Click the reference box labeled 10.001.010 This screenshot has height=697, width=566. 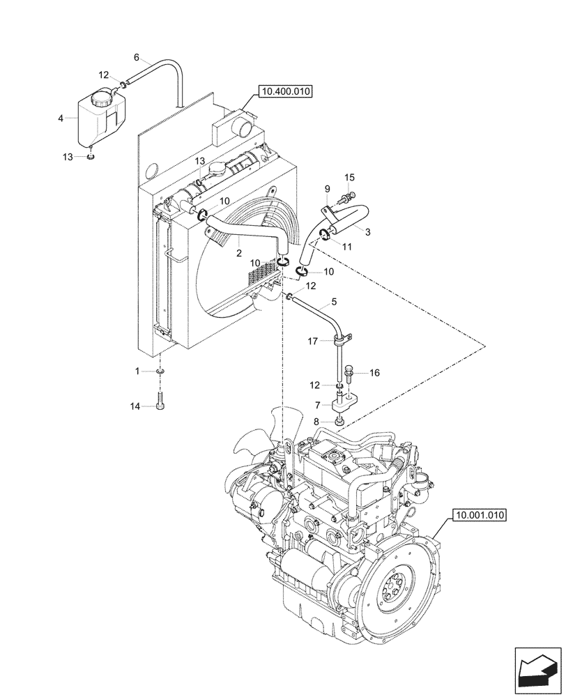(x=479, y=516)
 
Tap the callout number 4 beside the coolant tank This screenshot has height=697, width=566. (x=61, y=119)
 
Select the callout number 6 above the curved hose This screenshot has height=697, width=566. (x=136, y=56)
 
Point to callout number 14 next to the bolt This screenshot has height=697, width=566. (x=135, y=405)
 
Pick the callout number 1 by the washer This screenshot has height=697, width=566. (x=138, y=371)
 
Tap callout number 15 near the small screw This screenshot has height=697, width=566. (x=349, y=178)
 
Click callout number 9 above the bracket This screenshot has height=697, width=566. (x=326, y=189)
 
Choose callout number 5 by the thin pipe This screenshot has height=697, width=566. (x=334, y=302)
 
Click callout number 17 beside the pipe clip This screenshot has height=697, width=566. (x=313, y=341)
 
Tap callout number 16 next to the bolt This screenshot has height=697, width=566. (x=374, y=374)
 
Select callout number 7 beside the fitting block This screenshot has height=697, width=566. (x=318, y=404)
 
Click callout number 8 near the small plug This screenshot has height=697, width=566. (x=318, y=421)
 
